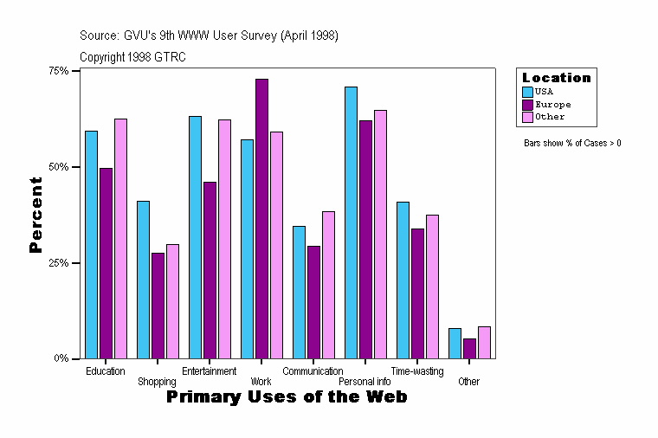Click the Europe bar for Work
[261, 218]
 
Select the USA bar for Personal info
[351, 222]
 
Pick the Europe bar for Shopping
[158, 306]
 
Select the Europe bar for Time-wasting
[417, 293]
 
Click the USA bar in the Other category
[455, 343]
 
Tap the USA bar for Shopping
[143, 280]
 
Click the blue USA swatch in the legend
[527, 91]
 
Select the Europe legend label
[552, 104]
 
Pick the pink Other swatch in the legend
[527, 117]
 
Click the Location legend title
[556, 78]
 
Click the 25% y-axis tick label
[58, 262]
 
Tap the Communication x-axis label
[313, 371]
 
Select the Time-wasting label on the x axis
[416, 371]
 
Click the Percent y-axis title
[35, 215]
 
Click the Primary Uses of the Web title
[286, 397]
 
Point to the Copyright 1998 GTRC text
[132, 57]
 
